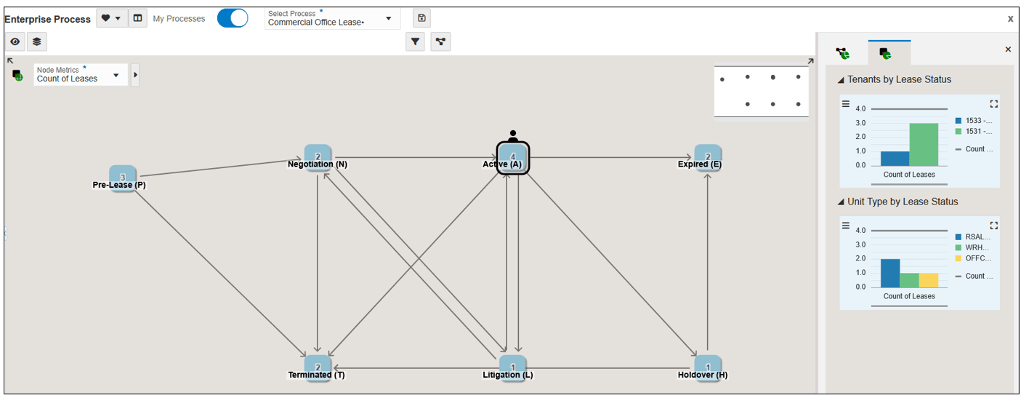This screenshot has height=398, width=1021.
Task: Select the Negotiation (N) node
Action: (x=318, y=158)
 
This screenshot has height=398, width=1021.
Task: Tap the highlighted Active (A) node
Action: (x=513, y=158)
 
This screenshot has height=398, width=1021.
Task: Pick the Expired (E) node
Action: (x=708, y=158)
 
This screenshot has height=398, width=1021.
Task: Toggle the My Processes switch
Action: (x=233, y=19)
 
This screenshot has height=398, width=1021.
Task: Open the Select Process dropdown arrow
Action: (x=388, y=19)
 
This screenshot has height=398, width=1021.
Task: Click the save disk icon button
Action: (x=421, y=18)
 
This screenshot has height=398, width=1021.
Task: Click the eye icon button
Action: (x=15, y=41)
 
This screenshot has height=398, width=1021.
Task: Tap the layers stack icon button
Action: (x=37, y=41)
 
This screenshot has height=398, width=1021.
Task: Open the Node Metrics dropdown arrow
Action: (x=116, y=76)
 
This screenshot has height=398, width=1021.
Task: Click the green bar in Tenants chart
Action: (x=924, y=144)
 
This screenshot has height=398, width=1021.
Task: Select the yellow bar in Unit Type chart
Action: (x=929, y=280)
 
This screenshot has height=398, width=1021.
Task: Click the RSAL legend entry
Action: (x=973, y=237)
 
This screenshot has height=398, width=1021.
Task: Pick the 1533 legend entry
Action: (x=974, y=121)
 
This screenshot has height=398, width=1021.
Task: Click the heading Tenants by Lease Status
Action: (x=899, y=79)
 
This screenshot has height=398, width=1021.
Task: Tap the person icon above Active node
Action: (x=513, y=136)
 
